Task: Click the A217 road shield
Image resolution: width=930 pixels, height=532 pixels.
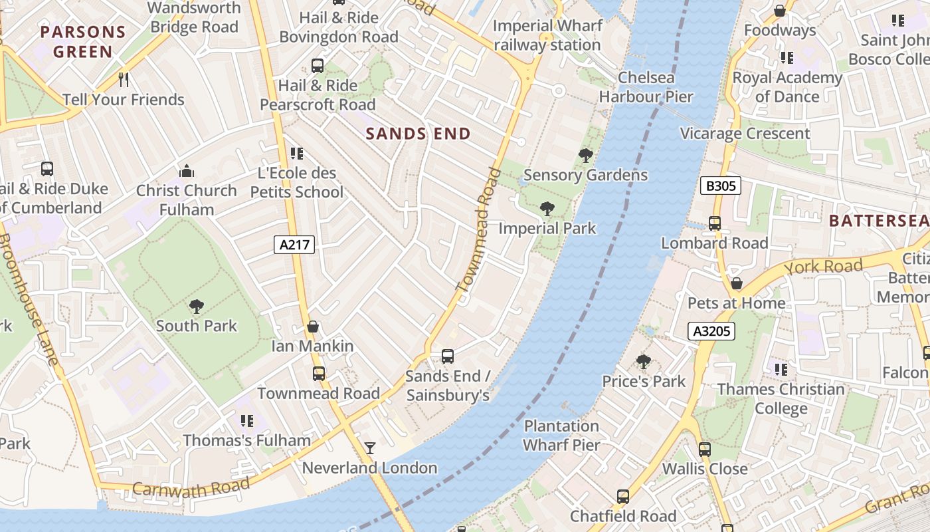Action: pyautogui.click(x=294, y=245)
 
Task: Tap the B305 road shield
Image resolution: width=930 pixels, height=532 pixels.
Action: pyautogui.click(x=721, y=186)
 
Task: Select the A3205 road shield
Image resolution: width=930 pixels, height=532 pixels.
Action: pyautogui.click(x=711, y=331)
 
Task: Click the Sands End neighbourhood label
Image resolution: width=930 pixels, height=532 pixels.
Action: pyautogui.click(x=418, y=134)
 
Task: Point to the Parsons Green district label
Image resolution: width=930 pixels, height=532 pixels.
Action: pyautogui.click(x=83, y=41)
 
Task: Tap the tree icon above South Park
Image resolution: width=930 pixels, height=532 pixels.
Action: pyautogui.click(x=196, y=307)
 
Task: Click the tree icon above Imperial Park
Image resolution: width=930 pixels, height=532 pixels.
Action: pyautogui.click(x=547, y=209)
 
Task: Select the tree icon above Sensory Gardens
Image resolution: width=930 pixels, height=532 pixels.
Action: pyautogui.click(x=585, y=156)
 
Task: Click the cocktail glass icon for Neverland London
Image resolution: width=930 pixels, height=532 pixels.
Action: pyautogui.click(x=370, y=448)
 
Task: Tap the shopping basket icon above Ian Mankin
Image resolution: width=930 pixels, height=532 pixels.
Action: pyautogui.click(x=313, y=327)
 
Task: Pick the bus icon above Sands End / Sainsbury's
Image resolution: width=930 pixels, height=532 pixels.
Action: pyautogui.click(x=448, y=356)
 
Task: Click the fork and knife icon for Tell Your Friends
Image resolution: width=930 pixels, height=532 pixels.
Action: pyautogui.click(x=124, y=80)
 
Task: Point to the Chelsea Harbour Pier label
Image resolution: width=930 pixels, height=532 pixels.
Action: pyautogui.click(x=646, y=87)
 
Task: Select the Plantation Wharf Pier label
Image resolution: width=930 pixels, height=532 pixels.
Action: pyautogui.click(x=561, y=436)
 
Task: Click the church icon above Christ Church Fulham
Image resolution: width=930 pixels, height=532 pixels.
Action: pyautogui.click(x=187, y=172)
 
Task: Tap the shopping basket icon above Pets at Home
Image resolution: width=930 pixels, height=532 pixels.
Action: pyautogui.click(x=736, y=284)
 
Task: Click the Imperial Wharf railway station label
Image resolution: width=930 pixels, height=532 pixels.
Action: pyautogui.click(x=547, y=35)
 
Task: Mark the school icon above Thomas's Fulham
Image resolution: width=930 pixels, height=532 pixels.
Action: pyautogui.click(x=247, y=421)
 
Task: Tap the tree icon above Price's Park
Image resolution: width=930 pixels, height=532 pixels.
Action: pyautogui.click(x=643, y=362)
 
